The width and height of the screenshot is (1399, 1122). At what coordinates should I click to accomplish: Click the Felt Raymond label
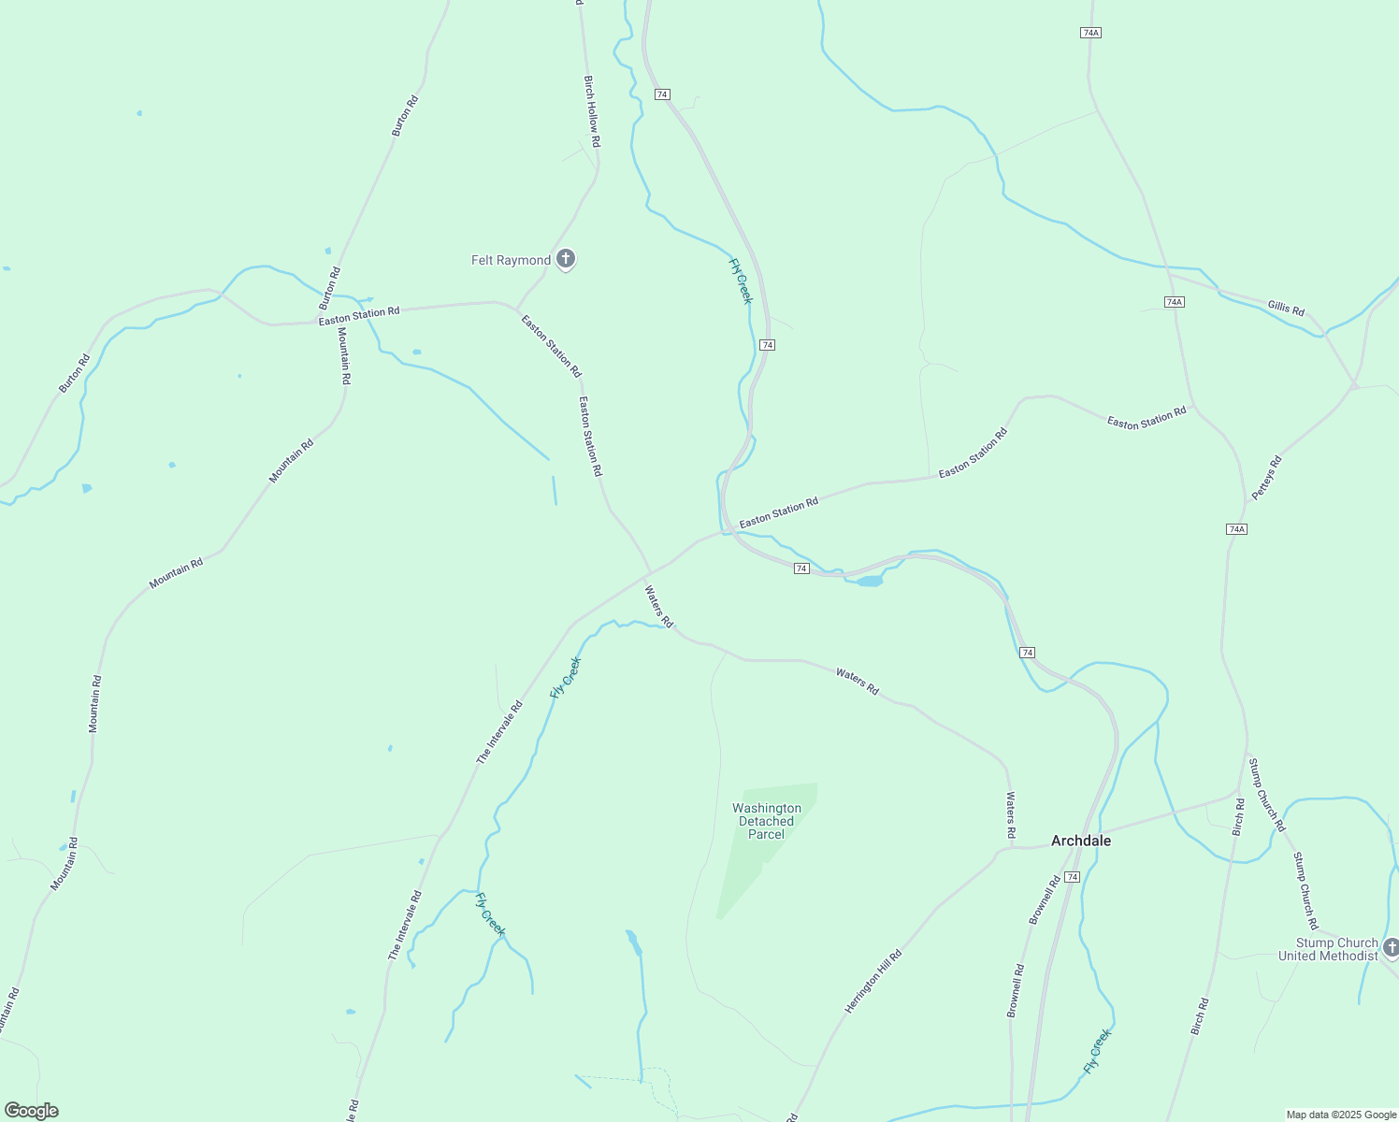[x=511, y=260]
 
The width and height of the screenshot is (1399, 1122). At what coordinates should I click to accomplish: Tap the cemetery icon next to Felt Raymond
[x=565, y=259]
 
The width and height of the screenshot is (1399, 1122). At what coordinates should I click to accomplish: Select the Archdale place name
[x=1081, y=841]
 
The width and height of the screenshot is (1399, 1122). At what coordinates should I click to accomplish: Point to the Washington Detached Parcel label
[x=766, y=821]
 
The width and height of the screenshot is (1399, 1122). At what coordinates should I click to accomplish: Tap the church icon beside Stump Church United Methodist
[x=1391, y=948]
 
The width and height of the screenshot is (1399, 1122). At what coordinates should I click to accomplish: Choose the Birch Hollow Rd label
[x=591, y=111]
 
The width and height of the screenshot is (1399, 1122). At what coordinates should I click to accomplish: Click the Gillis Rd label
[x=1286, y=308]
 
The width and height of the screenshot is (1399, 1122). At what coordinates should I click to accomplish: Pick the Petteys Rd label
[x=1266, y=477]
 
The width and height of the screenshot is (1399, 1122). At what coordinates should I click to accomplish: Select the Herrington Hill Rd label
[x=873, y=981]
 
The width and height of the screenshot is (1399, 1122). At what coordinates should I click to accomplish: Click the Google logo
[x=31, y=1111]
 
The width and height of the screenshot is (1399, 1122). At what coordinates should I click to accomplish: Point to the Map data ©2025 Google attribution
[x=1341, y=1115]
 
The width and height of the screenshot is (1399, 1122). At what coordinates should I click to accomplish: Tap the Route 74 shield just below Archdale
[x=1072, y=877]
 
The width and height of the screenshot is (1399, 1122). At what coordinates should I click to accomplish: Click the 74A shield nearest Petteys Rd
[x=1236, y=529]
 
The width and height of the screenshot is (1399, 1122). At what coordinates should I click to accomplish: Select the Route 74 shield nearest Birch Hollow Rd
[x=662, y=94]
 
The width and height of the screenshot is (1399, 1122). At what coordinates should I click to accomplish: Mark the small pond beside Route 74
[x=869, y=582]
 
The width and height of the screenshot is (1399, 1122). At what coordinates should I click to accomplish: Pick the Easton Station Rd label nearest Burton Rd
[x=359, y=316]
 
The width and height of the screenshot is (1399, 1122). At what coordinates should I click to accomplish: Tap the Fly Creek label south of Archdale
[x=1097, y=1051]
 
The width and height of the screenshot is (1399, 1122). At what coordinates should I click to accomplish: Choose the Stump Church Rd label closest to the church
[x=1305, y=890]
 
